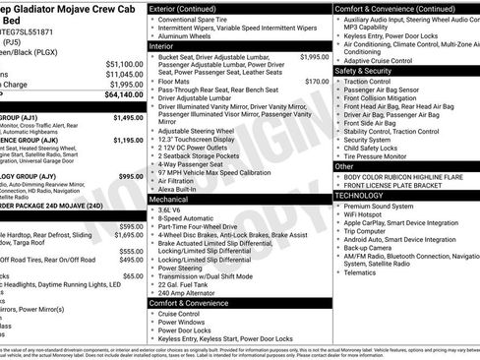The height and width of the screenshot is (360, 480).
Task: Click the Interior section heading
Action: [x=162, y=46]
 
